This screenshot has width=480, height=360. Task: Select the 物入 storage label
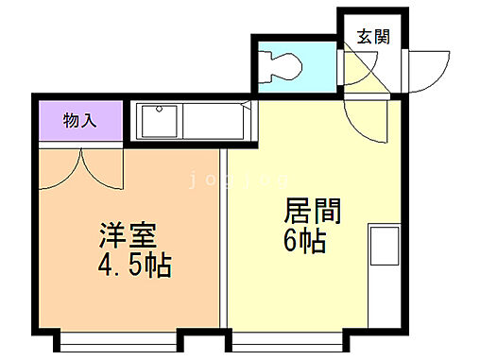pos(79,121)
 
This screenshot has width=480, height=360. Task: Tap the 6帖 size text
pos(304,243)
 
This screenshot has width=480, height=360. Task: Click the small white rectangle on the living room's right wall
pos(383,245)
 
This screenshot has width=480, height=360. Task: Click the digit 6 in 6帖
pos(289,243)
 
